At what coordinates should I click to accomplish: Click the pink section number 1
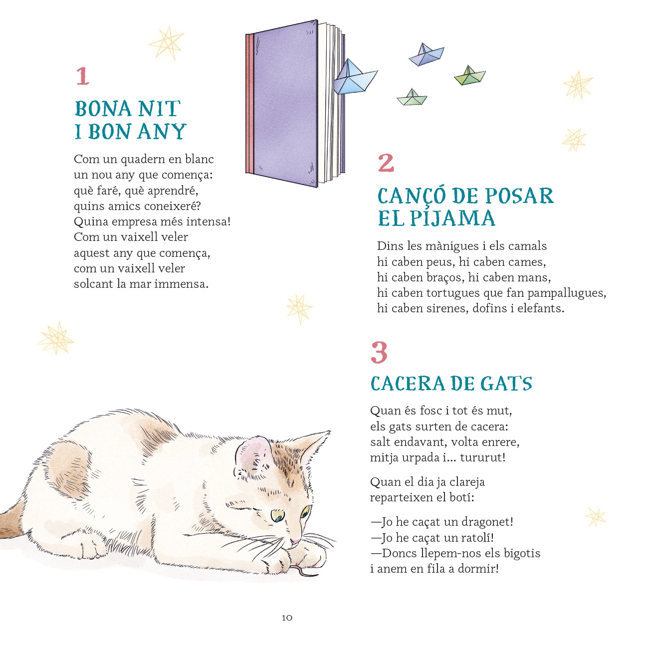click(83, 76)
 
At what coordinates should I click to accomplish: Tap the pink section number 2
click(386, 163)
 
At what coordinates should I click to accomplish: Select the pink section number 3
click(379, 352)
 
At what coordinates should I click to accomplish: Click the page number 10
click(287, 618)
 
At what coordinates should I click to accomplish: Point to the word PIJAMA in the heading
click(452, 218)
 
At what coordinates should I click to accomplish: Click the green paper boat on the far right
click(470, 75)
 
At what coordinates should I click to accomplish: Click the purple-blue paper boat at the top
click(426, 54)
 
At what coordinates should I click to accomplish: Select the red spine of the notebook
click(249, 104)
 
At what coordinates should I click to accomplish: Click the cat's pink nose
click(295, 541)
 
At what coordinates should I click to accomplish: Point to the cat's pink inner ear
click(252, 455)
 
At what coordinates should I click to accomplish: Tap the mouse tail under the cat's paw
click(304, 570)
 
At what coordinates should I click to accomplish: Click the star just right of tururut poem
click(595, 517)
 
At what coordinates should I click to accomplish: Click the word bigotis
click(522, 553)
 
